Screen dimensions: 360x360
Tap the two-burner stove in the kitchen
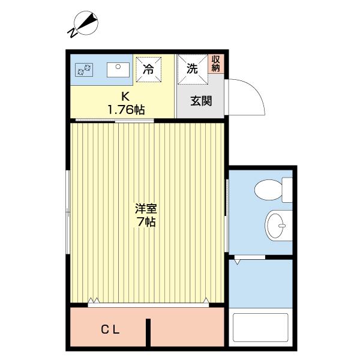82,70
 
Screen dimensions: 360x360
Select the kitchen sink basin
118,70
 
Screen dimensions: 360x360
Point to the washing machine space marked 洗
191,68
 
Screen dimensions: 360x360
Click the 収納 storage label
216,64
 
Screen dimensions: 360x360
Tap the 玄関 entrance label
201,101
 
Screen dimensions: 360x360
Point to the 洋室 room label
146,209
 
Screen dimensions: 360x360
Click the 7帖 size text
146,223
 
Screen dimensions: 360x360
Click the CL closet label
110,329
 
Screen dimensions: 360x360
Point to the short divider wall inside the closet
148,332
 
